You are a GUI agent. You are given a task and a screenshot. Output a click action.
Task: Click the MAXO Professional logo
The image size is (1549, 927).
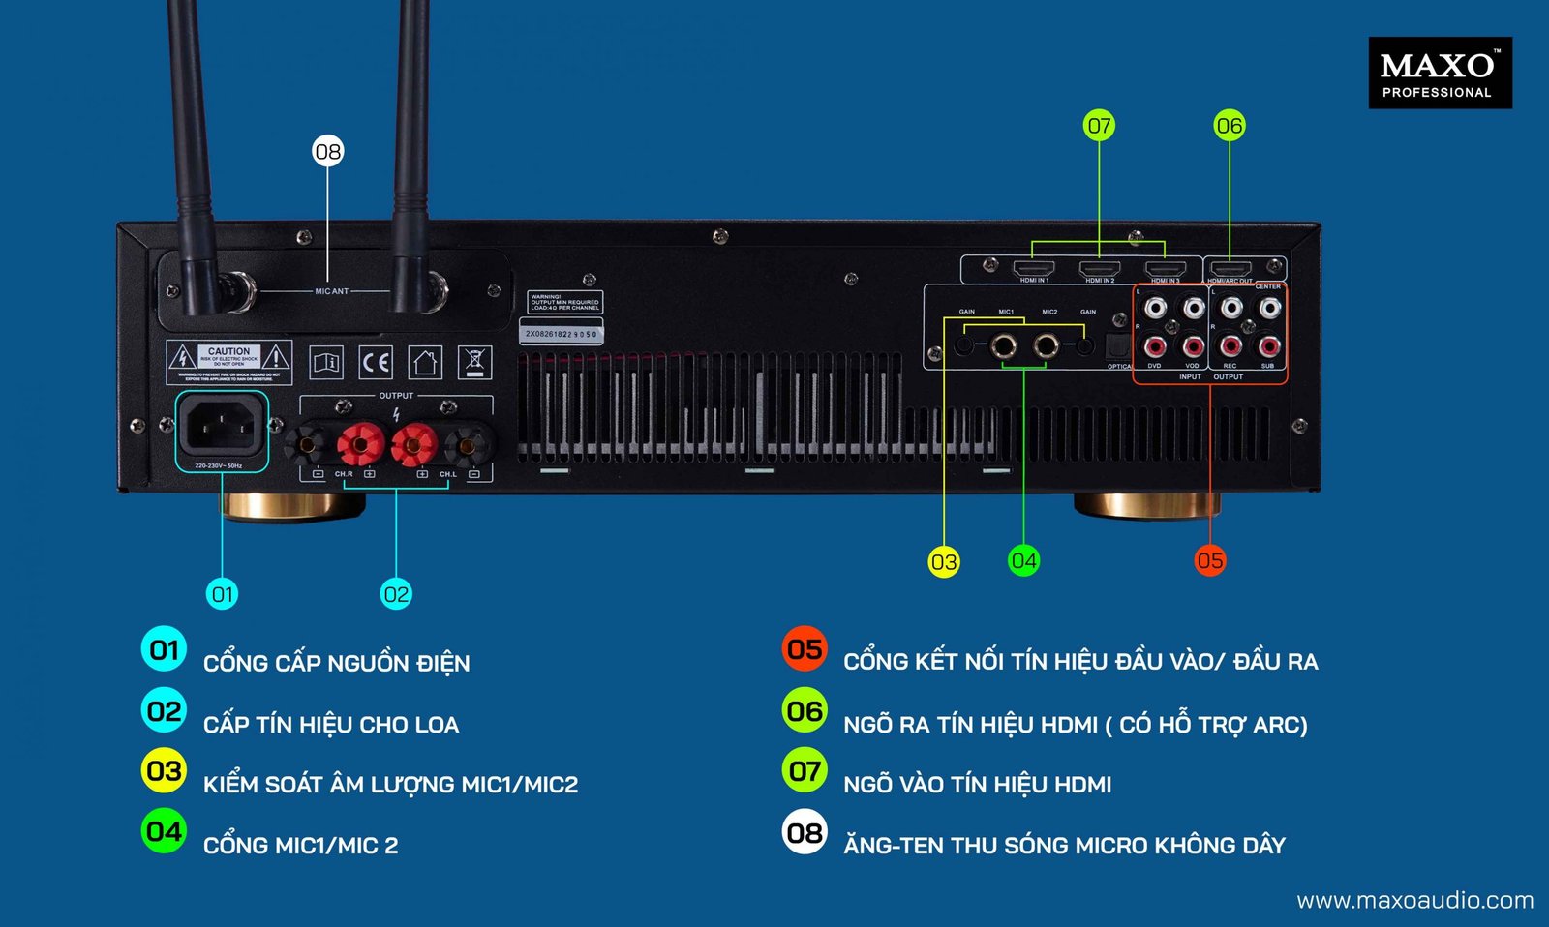tap(1440, 73)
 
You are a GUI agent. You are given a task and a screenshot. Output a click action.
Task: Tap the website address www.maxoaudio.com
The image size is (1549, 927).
tap(1414, 901)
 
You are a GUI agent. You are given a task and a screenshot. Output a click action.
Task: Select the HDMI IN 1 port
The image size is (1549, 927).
tap(1033, 269)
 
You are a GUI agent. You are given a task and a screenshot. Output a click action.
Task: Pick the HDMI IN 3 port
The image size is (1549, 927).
tap(1165, 269)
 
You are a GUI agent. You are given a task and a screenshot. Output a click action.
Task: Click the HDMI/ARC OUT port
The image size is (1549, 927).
tap(1230, 269)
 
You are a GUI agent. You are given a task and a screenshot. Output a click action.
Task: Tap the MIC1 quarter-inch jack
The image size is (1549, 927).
tap(1003, 344)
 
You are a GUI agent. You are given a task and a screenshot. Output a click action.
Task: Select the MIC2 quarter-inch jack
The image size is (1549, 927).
tap(1047, 344)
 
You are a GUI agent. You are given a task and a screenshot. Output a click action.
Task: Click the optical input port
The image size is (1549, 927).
tap(1117, 345)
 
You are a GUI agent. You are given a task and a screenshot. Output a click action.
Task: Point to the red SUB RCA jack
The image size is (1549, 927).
tap(1269, 345)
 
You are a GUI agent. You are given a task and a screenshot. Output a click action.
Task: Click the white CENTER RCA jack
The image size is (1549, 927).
tap(1269, 309)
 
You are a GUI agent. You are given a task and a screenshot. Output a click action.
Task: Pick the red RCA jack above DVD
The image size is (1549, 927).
tap(1155, 345)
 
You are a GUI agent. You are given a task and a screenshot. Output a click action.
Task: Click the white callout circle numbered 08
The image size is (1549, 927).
tap(328, 151)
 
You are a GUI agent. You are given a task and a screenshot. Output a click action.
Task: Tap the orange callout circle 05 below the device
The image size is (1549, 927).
tap(1210, 560)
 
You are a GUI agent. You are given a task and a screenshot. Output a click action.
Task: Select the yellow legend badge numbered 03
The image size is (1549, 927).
tap(164, 771)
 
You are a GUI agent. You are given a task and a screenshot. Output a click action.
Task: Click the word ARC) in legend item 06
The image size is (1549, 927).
tap(1280, 725)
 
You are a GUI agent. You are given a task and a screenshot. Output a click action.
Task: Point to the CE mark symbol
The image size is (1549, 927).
tap(376, 363)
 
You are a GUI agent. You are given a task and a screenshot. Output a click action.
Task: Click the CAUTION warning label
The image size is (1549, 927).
tap(228, 361)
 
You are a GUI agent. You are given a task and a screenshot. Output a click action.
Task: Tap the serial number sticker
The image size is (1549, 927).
tap(562, 334)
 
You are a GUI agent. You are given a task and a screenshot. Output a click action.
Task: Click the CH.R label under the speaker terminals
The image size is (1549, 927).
tap(344, 474)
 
